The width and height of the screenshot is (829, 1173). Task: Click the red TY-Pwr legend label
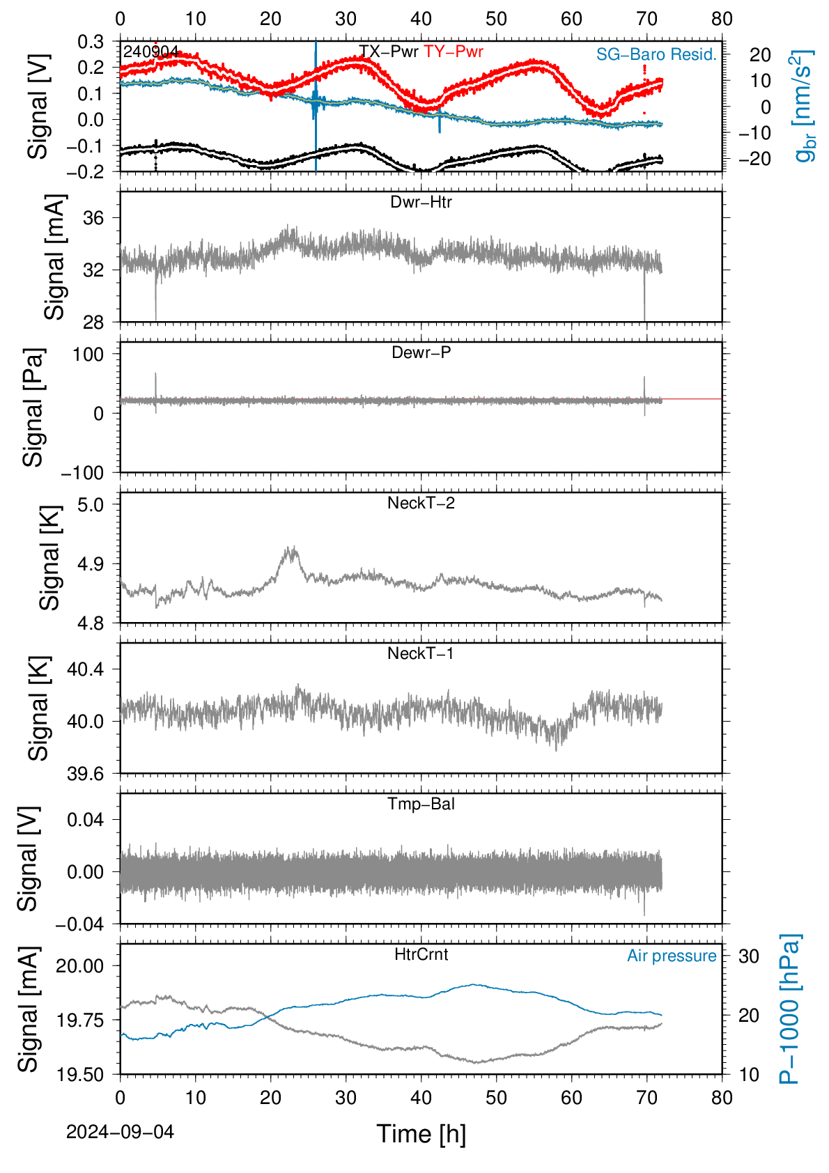[x=454, y=52]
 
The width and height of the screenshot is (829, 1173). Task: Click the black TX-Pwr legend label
[x=389, y=52]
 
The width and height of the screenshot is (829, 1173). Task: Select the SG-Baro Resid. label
[x=656, y=54]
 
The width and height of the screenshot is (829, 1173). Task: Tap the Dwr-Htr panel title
[x=421, y=202]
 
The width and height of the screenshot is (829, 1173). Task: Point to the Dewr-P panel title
[x=421, y=352]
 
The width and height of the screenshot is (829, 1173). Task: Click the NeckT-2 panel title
[x=421, y=503]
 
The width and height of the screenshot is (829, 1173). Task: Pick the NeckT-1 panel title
[x=421, y=653]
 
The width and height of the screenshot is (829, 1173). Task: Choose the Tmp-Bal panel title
[x=421, y=804]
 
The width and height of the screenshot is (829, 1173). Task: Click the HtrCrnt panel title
[x=421, y=954]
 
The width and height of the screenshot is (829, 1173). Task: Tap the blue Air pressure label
[x=672, y=956]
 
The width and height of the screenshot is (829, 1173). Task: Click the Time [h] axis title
[x=421, y=1134]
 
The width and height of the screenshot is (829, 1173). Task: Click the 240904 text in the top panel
[x=151, y=52]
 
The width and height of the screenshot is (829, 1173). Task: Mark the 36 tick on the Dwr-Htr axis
[x=93, y=218]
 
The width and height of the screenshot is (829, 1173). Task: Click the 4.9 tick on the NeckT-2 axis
[x=91, y=564]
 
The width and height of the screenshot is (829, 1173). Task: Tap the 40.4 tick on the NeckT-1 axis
[x=86, y=669]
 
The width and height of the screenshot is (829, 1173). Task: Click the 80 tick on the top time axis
[x=722, y=19]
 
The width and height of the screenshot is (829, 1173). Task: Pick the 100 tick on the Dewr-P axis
[x=88, y=355]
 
